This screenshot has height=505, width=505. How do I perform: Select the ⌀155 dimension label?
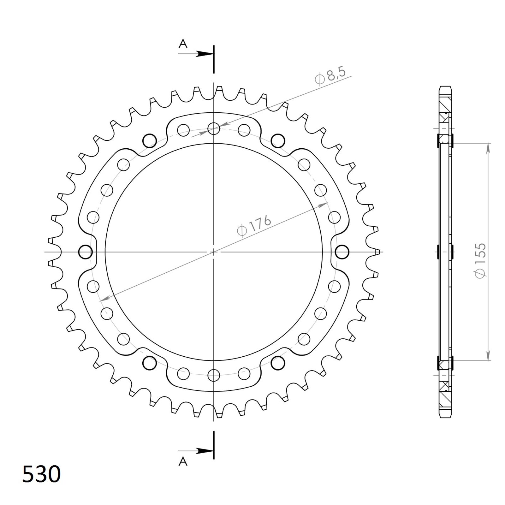pos(480,261)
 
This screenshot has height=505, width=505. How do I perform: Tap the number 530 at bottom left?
pos(41,474)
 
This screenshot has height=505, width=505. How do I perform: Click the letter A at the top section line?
pos(183,44)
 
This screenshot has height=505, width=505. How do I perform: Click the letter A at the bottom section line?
pos(183,462)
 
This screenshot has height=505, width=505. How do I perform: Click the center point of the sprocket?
pos(214,252)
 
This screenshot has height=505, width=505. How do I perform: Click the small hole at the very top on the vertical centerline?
pos(214,128)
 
